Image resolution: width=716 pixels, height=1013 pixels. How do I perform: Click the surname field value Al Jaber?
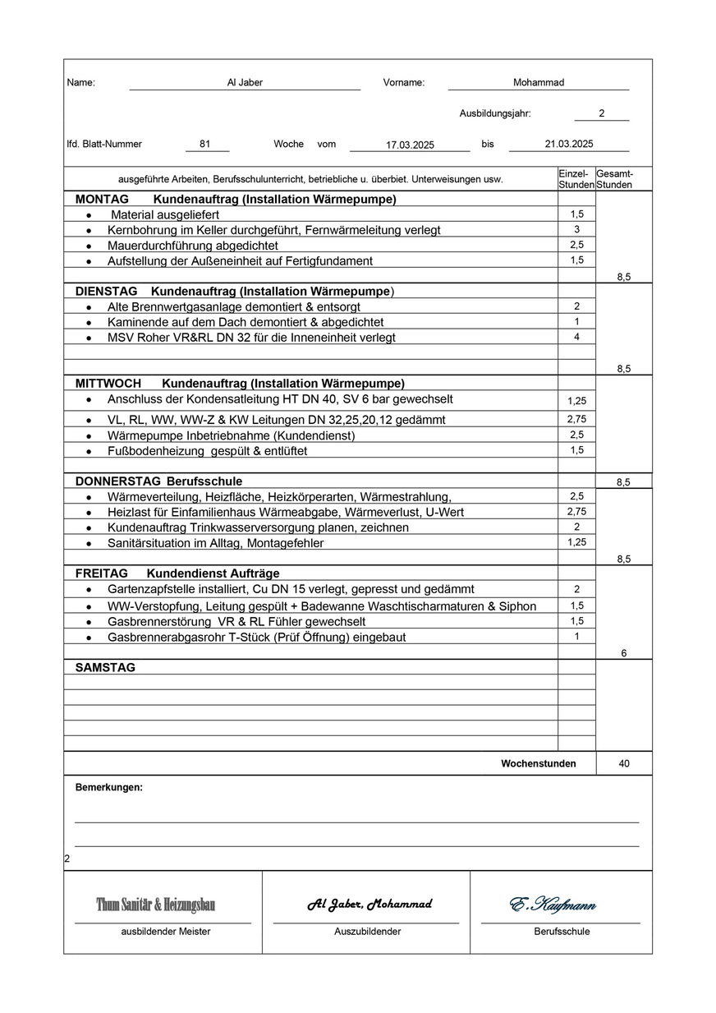coord(245,82)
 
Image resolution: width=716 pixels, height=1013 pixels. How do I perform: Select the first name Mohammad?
coord(538,82)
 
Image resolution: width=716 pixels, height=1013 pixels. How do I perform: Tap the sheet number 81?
coord(204,144)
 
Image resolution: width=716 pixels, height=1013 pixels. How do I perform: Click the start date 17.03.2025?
coord(410,145)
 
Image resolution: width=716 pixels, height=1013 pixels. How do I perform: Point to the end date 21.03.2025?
coord(568,144)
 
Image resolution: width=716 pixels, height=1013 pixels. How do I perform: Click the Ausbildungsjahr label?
coord(494,113)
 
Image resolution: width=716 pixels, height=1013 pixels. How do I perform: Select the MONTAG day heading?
coord(102,199)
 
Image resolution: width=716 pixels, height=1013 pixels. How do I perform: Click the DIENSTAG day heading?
coord(106,291)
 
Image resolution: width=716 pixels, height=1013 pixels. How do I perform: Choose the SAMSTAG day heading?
coord(105,667)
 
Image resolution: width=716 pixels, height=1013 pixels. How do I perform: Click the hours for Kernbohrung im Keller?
coord(576,229)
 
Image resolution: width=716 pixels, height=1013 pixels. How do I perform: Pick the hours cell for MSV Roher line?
coord(576,337)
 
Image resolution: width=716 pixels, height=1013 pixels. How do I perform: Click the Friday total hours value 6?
coord(624,653)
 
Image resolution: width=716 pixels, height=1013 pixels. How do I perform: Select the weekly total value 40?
coord(624,763)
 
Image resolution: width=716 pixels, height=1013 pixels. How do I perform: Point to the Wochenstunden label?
coord(538,763)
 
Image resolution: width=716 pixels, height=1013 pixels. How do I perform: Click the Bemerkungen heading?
coord(108,787)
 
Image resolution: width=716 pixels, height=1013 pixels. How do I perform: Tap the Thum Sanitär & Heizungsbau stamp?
coord(156,905)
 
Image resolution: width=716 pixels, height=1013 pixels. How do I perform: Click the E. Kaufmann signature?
coord(553,905)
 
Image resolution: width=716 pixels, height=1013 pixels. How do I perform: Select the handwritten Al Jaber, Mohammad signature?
coord(369,905)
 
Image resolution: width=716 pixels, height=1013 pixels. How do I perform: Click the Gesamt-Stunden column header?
coord(614,179)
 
